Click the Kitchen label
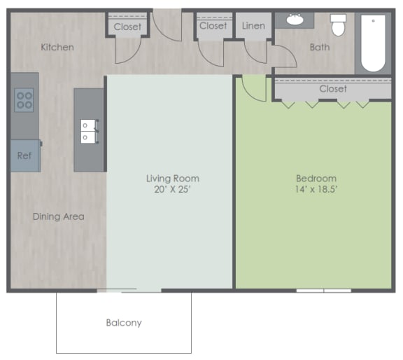[x=57, y=48]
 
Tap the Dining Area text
[x=59, y=216]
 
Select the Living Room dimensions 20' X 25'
[x=172, y=189]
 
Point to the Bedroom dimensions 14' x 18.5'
[x=316, y=189]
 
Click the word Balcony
[x=124, y=323]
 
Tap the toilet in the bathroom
[x=338, y=25]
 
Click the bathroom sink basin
[x=295, y=20]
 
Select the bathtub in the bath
[x=373, y=43]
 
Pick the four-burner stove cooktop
[x=24, y=100]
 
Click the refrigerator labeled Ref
[x=25, y=155]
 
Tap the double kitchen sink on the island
[x=89, y=132]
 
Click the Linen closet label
[x=253, y=26]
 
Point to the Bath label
[x=320, y=48]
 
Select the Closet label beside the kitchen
[x=127, y=27]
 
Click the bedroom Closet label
[x=333, y=89]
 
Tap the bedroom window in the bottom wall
[x=323, y=291]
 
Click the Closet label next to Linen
[x=213, y=26]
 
